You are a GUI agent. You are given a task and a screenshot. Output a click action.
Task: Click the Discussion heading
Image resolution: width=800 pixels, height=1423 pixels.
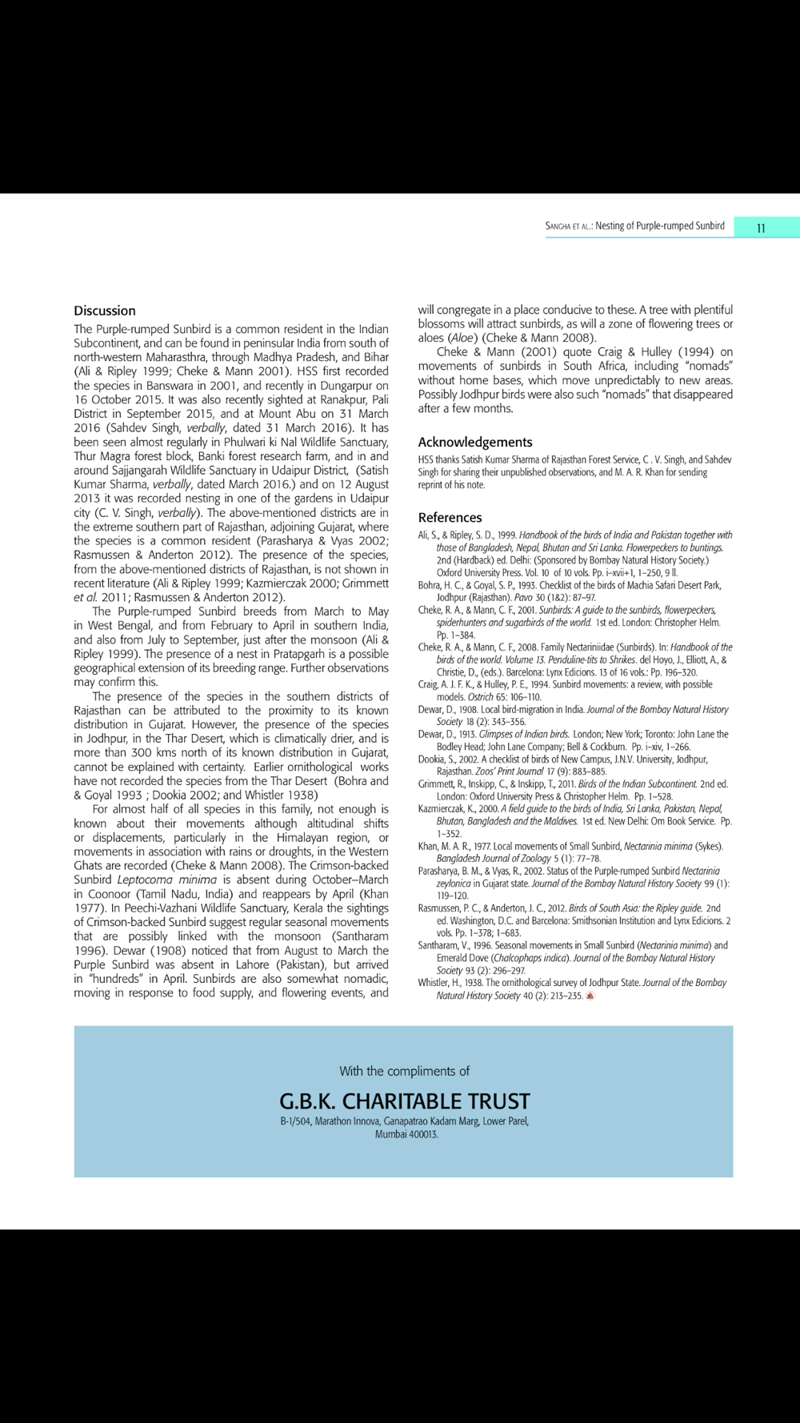(x=105, y=311)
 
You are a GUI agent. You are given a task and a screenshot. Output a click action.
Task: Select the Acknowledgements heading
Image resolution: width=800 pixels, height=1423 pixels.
(x=474, y=442)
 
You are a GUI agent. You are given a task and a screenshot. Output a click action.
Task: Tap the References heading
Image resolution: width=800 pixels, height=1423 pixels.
(x=450, y=517)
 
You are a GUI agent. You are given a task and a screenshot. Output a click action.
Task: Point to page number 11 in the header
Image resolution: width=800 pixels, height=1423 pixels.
(x=761, y=228)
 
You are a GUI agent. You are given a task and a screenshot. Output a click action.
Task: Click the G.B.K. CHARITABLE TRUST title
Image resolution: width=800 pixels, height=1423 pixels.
(x=404, y=1100)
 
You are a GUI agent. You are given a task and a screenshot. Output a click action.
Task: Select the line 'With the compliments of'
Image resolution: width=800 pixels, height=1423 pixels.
(x=404, y=1071)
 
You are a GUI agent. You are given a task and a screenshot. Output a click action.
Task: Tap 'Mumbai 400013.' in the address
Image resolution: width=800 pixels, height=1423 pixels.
(x=406, y=1134)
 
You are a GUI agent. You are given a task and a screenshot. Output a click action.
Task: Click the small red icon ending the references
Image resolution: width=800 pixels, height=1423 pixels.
(x=590, y=996)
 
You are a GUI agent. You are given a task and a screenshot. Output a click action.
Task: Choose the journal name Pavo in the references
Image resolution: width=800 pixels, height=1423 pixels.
(x=525, y=597)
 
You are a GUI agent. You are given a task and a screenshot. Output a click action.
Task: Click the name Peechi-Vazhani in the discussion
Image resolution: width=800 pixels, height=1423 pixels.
(x=164, y=908)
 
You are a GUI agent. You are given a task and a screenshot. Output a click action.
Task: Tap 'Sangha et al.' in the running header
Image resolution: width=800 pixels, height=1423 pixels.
(x=567, y=226)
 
